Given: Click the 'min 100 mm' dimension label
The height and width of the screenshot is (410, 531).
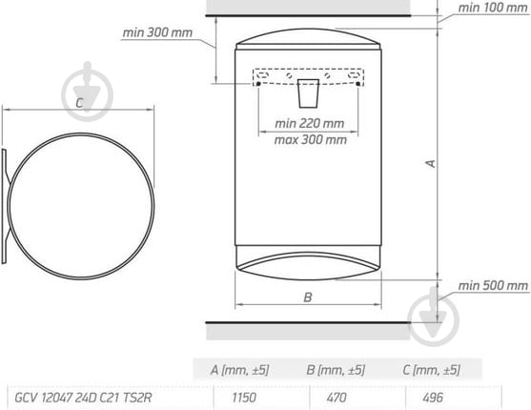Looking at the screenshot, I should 492,8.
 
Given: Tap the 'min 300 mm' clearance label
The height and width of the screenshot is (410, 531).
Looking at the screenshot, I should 157,31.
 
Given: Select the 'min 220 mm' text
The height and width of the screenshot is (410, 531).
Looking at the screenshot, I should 309,124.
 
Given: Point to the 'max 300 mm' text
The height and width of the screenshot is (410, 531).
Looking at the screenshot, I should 311,140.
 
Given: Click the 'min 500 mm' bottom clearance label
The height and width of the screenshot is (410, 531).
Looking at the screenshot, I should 492,286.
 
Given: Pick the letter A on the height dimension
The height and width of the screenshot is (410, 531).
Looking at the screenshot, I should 430,163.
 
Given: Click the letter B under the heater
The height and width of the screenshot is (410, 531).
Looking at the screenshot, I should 308,297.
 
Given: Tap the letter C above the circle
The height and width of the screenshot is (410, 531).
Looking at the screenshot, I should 80,102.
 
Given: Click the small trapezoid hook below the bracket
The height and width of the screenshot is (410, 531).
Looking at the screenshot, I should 309,94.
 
